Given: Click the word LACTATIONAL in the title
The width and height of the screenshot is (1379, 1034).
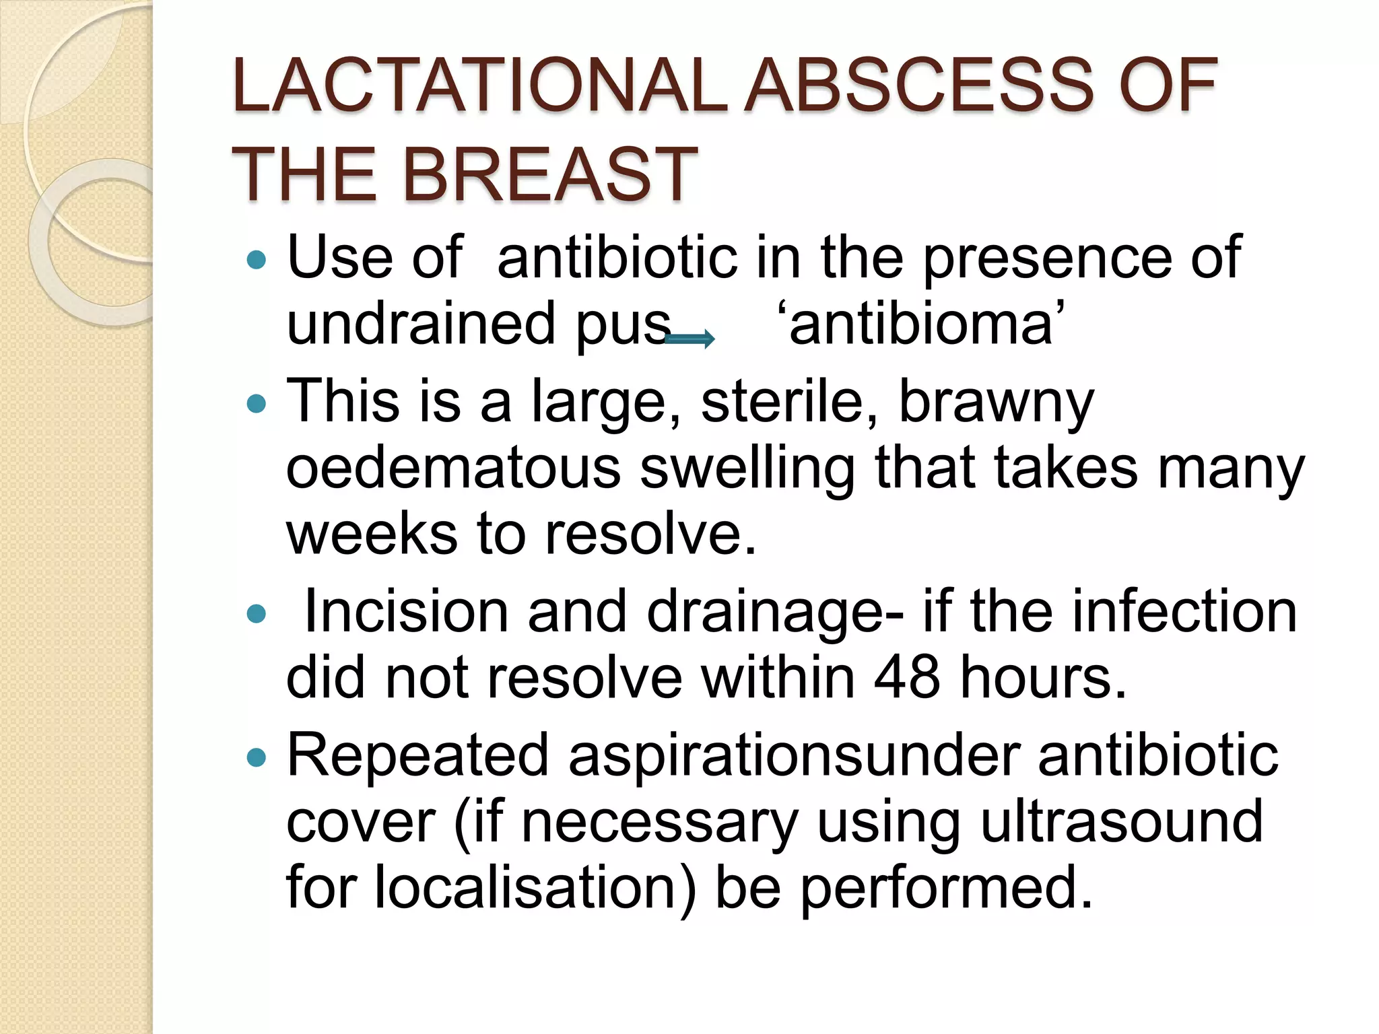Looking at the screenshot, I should coord(479,85).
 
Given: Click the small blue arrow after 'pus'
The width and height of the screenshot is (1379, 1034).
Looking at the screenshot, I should coord(689,339).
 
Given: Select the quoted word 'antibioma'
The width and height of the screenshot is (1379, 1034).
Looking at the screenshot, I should coord(920,324).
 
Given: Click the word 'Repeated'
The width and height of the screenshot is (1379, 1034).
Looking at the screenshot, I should coord(417,755).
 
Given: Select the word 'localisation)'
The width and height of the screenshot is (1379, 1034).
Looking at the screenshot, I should coord(535,887).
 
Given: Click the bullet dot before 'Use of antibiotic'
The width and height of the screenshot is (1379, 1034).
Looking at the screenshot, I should coord(257,259).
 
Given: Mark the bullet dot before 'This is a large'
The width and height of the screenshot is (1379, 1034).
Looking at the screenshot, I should coord(257,403).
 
